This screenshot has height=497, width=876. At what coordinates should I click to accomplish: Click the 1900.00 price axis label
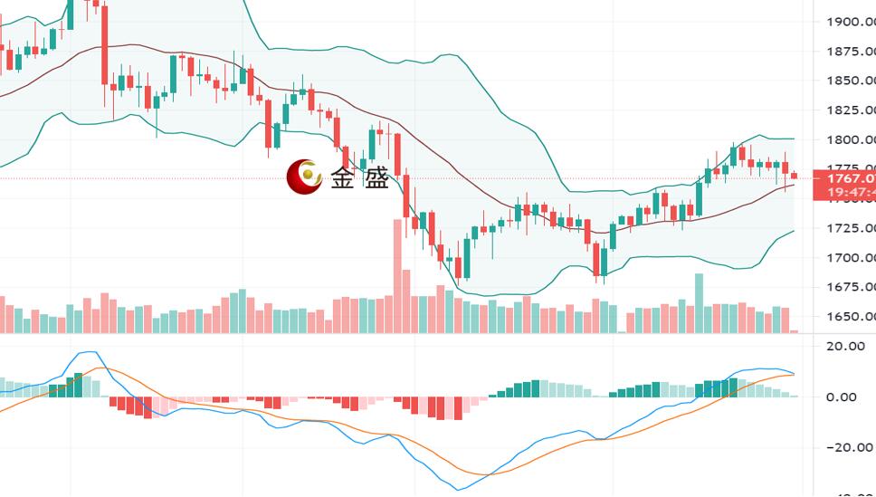click(850, 22)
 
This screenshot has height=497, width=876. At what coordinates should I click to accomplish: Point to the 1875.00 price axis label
click(850, 52)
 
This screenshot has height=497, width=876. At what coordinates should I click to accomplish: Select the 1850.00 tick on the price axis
click(850, 81)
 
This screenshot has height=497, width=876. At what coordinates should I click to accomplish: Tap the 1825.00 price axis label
click(850, 110)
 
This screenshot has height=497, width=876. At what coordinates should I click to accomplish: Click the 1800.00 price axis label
click(850, 139)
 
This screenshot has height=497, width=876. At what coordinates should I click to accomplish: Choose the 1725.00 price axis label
click(850, 228)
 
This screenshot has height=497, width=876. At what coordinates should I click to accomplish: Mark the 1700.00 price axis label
click(850, 258)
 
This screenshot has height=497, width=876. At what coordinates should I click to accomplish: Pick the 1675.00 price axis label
click(850, 287)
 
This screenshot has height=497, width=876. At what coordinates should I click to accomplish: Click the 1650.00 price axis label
click(850, 317)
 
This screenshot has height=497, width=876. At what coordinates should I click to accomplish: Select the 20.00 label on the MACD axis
click(846, 346)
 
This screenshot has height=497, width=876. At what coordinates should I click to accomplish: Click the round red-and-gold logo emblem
click(304, 177)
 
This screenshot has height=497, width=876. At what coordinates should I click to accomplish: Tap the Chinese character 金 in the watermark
click(343, 178)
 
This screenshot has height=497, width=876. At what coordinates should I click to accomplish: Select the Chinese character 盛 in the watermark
click(376, 178)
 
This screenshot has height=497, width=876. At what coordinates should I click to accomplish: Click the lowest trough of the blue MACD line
click(461, 490)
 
